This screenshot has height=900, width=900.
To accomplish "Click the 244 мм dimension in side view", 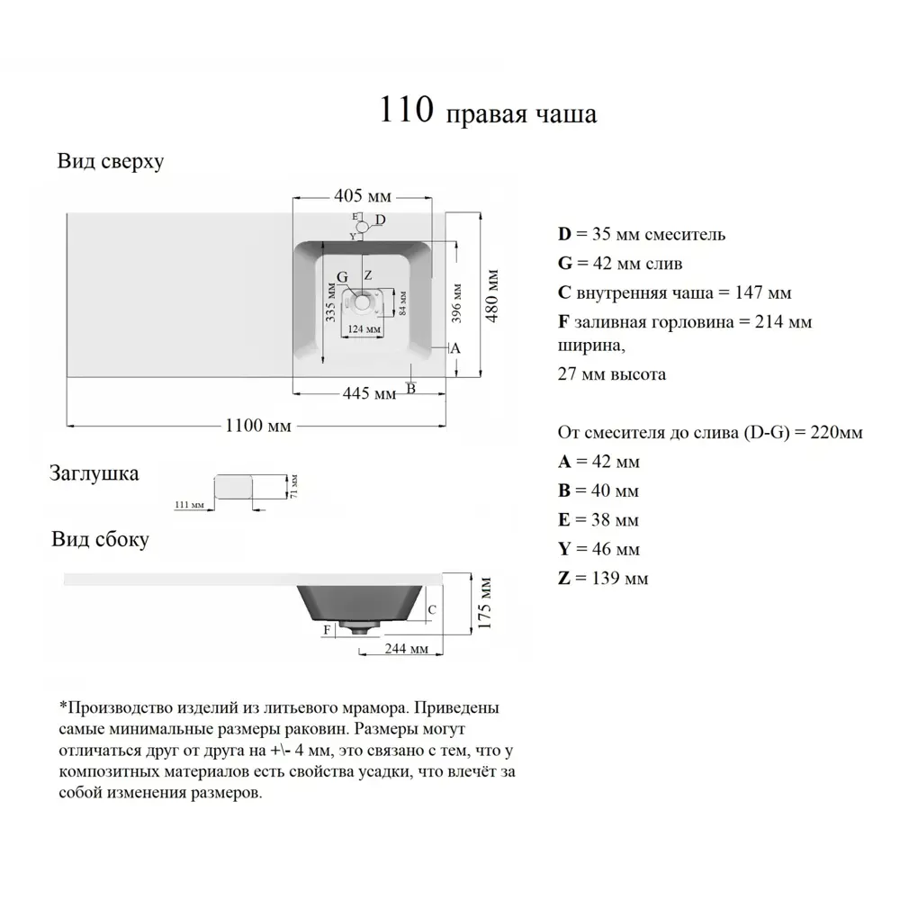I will pos(406,648).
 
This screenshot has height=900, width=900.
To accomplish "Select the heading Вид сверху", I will pos(110,161).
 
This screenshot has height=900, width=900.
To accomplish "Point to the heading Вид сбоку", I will pos(100,539).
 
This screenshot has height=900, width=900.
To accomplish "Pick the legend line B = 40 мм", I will pos(598,490).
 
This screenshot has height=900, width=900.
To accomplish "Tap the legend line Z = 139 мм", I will pos(603,578).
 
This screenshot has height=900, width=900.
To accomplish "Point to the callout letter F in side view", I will pos(327,629).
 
